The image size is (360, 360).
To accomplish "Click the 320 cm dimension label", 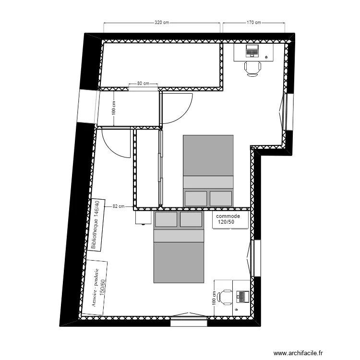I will coord(162,23).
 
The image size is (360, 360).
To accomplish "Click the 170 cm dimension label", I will coord(253,23).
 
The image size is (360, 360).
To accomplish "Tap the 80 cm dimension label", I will coord(143,84).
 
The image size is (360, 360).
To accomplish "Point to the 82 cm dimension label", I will coord(119,206).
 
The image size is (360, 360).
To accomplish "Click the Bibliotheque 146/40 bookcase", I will coord(97,226).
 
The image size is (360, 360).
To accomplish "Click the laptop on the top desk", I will coord(252,50).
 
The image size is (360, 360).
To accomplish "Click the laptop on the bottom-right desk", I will coord(242,297).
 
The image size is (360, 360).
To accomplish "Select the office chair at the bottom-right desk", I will coord(224,297).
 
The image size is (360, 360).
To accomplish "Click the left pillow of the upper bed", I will coord(196,198).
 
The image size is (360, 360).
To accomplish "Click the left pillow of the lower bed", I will coord(166,220).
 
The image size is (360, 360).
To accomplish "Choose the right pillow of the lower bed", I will coord(191,220).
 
